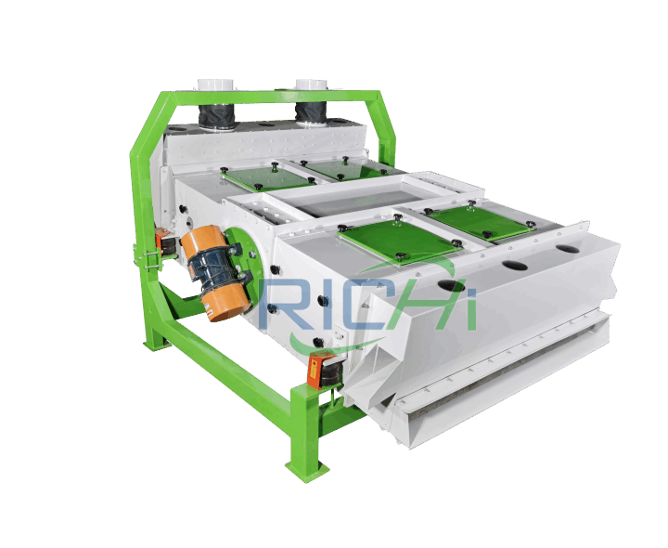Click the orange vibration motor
(215, 273)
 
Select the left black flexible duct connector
(217, 114)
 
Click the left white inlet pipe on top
(215, 84)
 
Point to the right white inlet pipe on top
(312, 85)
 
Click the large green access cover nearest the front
(398, 240)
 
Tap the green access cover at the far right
(481, 221)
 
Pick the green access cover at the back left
(267, 177)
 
